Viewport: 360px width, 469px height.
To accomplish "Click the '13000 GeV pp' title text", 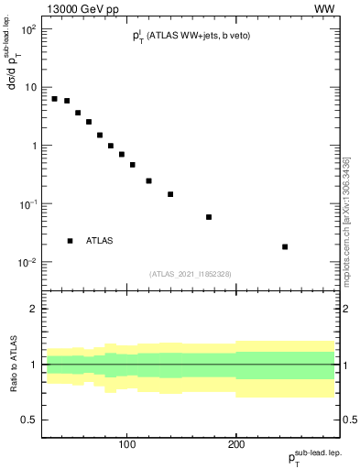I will click(x=82, y=8).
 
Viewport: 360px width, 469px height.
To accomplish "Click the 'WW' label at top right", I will click(x=324, y=8).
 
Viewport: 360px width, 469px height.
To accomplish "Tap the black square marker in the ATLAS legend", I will click(x=70, y=241).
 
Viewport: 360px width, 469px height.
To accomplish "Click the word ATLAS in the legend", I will click(x=100, y=241).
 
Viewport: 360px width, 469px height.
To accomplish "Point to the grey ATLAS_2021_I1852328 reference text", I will click(x=191, y=274).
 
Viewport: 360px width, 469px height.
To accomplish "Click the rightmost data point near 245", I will click(x=285, y=246).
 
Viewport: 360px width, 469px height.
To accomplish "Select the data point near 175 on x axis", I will click(x=209, y=217).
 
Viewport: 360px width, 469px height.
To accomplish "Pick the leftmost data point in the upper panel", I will click(x=55, y=98).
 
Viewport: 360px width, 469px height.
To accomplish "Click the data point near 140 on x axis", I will click(x=170, y=194).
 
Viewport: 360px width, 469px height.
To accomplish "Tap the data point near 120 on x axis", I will click(x=148, y=180).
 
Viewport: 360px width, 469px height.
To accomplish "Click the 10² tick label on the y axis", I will click(x=28, y=28).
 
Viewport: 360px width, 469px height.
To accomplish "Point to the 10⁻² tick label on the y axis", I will click(x=28, y=263).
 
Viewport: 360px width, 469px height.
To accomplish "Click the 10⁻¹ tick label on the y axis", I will click(x=28, y=204).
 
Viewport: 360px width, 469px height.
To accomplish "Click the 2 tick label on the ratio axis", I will click(x=32, y=309).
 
